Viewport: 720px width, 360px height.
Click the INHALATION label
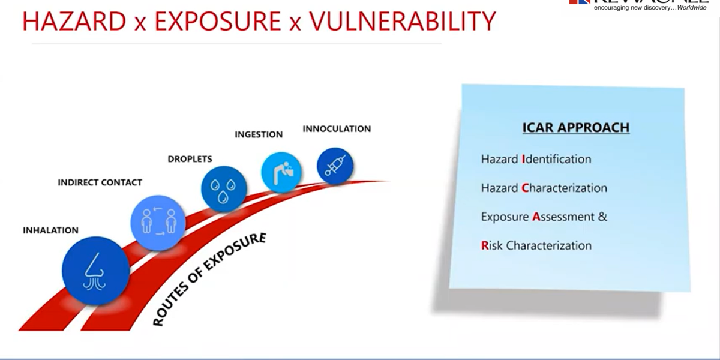tap(50, 230)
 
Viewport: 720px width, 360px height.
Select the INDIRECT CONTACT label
tap(100, 182)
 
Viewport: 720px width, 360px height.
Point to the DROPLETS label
tap(190, 159)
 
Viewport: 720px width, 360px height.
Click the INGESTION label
tap(259, 134)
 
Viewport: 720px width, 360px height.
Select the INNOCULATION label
tap(337, 128)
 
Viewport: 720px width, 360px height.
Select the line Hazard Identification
tap(536, 159)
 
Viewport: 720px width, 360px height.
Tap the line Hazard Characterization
tap(544, 188)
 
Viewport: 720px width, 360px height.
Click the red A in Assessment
tap(536, 217)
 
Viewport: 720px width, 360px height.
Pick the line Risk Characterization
tap(536, 245)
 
